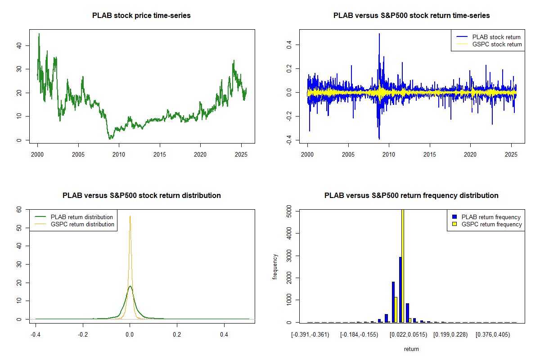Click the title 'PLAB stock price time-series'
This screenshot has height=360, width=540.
point(141,16)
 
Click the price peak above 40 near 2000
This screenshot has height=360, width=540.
point(39,34)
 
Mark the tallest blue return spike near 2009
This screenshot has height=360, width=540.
point(379,34)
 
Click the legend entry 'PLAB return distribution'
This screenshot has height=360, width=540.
point(81,217)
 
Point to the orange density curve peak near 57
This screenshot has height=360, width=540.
point(130,216)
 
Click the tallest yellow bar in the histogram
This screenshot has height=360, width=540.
point(403,265)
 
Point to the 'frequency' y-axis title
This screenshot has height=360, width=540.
point(275,266)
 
